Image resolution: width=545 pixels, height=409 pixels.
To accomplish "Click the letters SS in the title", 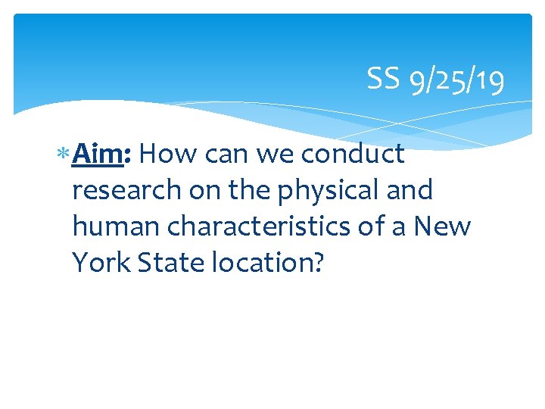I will [x=383, y=79].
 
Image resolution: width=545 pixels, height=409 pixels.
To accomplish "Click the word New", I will [x=444, y=226].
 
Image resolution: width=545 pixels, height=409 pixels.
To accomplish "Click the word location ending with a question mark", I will [x=269, y=262].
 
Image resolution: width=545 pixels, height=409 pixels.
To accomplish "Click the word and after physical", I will [x=410, y=190].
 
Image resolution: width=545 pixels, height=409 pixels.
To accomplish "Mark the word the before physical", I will [x=251, y=190].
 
